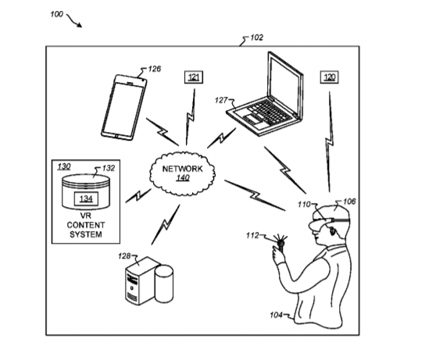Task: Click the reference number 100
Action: click(x=57, y=14)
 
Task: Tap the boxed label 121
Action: click(x=194, y=77)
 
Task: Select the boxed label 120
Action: click(x=330, y=77)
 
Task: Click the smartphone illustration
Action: click(x=124, y=108)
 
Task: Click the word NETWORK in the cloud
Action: click(x=182, y=169)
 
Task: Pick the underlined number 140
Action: click(x=183, y=178)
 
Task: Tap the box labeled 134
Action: click(x=86, y=198)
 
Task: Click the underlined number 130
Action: click(x=64, y=166)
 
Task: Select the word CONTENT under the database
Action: click(x=86, y=225)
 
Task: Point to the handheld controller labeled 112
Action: click(x=280, y=244)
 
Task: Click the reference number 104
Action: click(x=276, y=315)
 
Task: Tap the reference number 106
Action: click(x=349, y=201)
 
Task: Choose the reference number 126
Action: click(x=155, y=69)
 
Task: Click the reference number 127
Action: click(x=221, y=100)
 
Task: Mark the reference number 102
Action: click(x=256, y=37)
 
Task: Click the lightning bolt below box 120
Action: click(x=330, y=141)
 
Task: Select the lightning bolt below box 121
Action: click(x=191, y=117)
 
